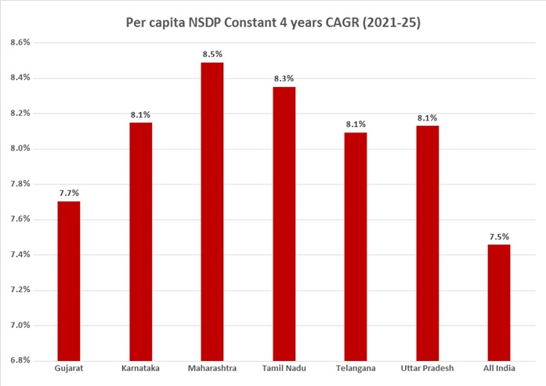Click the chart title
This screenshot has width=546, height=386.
pos(273,23)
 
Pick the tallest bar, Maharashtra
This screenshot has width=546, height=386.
pos(212,211)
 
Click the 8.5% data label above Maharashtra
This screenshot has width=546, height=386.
pos(212,54)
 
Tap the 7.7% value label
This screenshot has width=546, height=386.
pos(68,193)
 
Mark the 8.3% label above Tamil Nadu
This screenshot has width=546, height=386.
pos(284,78)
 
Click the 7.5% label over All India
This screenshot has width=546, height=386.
pos(498,236)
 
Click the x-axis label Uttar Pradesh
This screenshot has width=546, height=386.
pos(427,368)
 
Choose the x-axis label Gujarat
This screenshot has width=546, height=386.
pos(68,368)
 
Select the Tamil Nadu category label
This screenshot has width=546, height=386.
pos(284,368)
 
